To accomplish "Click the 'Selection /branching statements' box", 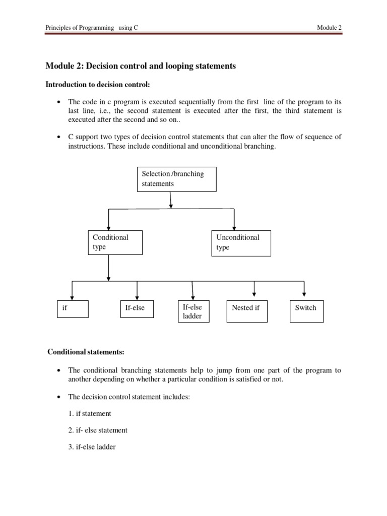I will [x=176, y=179].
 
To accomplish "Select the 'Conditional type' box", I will [x=114, y=243].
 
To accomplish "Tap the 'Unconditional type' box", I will [x=241, y=243].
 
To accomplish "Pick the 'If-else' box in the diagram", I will [x=138, y=308].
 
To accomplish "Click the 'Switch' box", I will [x=306, y=311].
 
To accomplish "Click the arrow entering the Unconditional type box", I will [x=234, y=220].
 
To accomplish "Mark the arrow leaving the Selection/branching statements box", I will [x=171, y=200].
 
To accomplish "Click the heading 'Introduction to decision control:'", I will [x=98, y=84].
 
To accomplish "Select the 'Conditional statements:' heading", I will [x=86, y=351].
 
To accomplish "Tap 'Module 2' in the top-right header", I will [x=330, y=28].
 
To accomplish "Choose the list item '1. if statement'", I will [x=90, y=413].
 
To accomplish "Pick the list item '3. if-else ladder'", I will [x=92, y=446].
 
